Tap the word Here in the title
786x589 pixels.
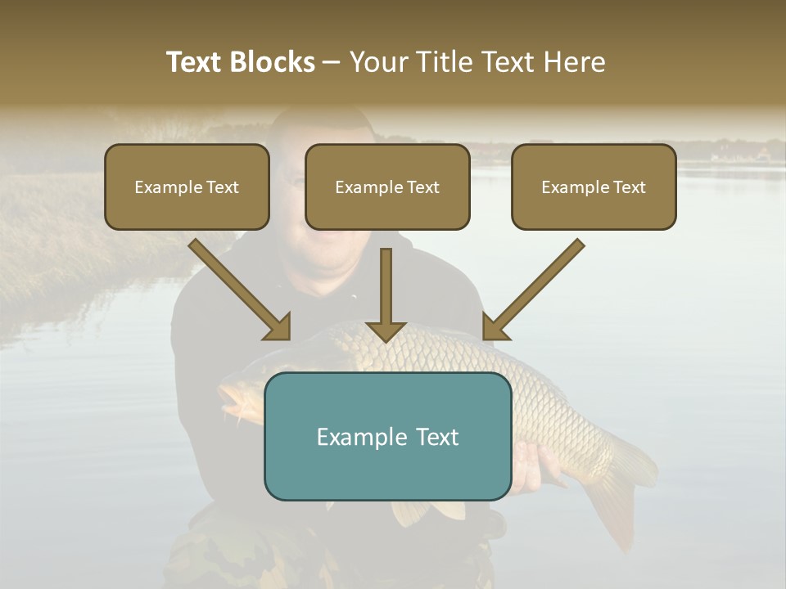point(573,62)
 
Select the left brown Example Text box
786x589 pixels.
point(187,187)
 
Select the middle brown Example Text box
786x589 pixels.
point(387,187)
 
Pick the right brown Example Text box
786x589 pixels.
point(594,187)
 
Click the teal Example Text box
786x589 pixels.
point(387,436)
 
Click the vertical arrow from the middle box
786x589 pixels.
point(386,294)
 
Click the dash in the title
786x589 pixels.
point(332,62)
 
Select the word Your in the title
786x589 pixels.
point(379,62)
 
